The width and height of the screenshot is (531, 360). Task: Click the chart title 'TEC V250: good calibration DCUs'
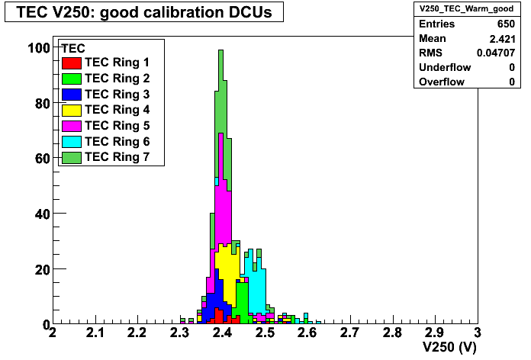pos(144,12)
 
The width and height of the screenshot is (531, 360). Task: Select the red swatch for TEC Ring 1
pos(72,63)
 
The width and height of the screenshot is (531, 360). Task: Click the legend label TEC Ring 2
pos(117,79)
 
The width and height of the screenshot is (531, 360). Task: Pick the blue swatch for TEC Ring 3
pos(72,95)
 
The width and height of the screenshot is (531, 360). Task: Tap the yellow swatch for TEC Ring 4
pos(72,111)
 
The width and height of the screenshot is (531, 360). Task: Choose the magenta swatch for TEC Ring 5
pos(72,126)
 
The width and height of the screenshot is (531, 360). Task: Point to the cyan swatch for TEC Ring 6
pos(72,142)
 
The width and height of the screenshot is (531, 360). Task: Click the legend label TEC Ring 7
pos(117,157)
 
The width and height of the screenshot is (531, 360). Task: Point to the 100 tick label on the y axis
pos(39,48)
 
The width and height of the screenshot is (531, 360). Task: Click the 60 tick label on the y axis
pos(42,159)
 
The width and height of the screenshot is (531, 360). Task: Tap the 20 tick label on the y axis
pos(42,270)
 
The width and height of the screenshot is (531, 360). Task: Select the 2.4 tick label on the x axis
pos(222,333)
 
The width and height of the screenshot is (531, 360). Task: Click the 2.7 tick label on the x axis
pos(349,333)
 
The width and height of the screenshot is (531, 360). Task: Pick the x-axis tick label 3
pos(477,333)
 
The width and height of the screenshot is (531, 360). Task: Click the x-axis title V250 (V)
pos(449,348)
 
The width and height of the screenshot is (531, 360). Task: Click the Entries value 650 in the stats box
pos(506,24)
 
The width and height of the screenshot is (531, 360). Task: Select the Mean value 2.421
pos(502,39)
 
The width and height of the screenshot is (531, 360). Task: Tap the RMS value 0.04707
pos(496,53)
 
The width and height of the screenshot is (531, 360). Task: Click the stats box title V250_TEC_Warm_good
pos(466,9)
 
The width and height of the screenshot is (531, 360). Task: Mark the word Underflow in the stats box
pos(445,67)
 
